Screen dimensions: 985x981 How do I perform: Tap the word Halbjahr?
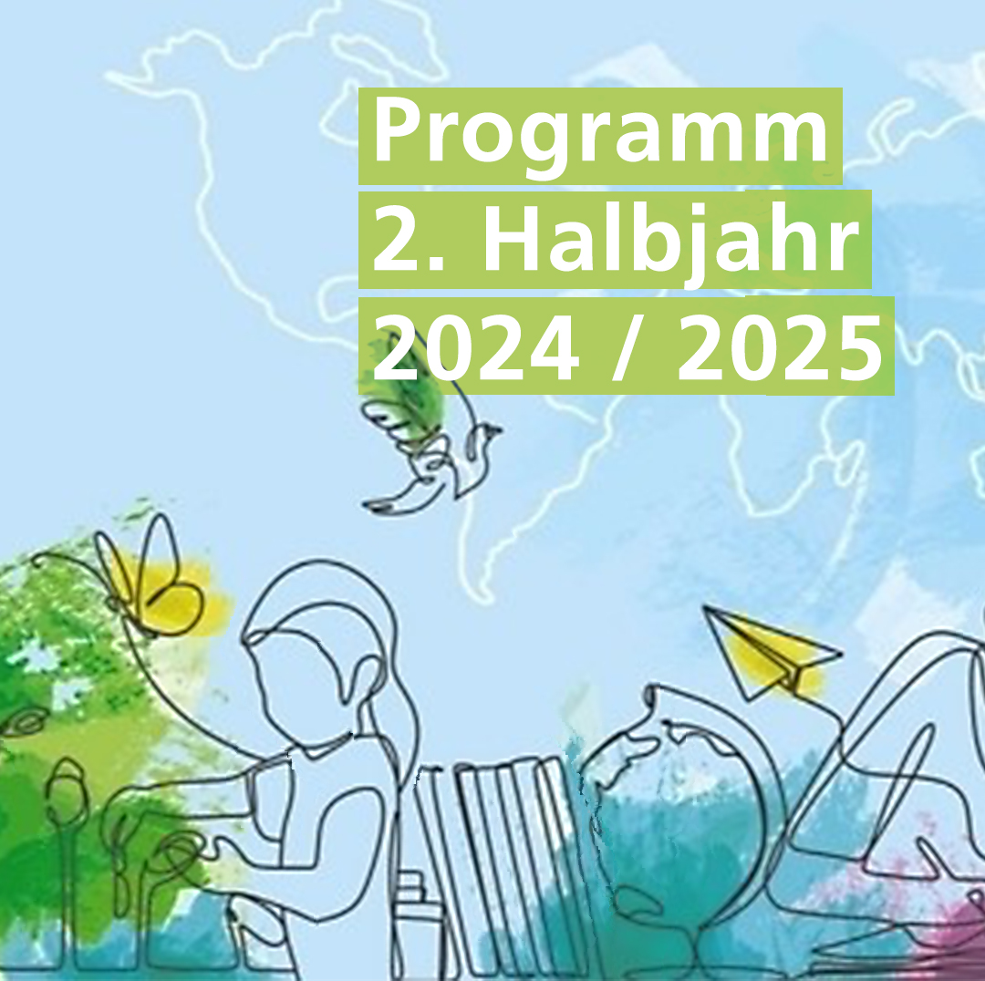click(670, 240)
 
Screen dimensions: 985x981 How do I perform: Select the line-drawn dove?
click(433, 465)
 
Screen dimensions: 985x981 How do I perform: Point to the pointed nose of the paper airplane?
click(703, 606)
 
